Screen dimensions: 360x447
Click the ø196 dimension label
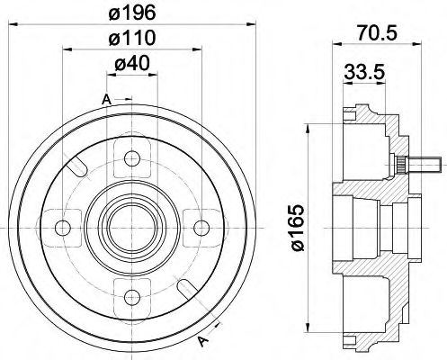[x=133, y=13]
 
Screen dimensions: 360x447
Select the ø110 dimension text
[x=133, y=40]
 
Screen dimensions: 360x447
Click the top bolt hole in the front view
[x=133, y=159]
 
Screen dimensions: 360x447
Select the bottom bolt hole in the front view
[x=133, y=291]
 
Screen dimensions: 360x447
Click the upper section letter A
[x=106, y=98]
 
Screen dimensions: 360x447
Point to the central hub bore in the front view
[x=133, y=225]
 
